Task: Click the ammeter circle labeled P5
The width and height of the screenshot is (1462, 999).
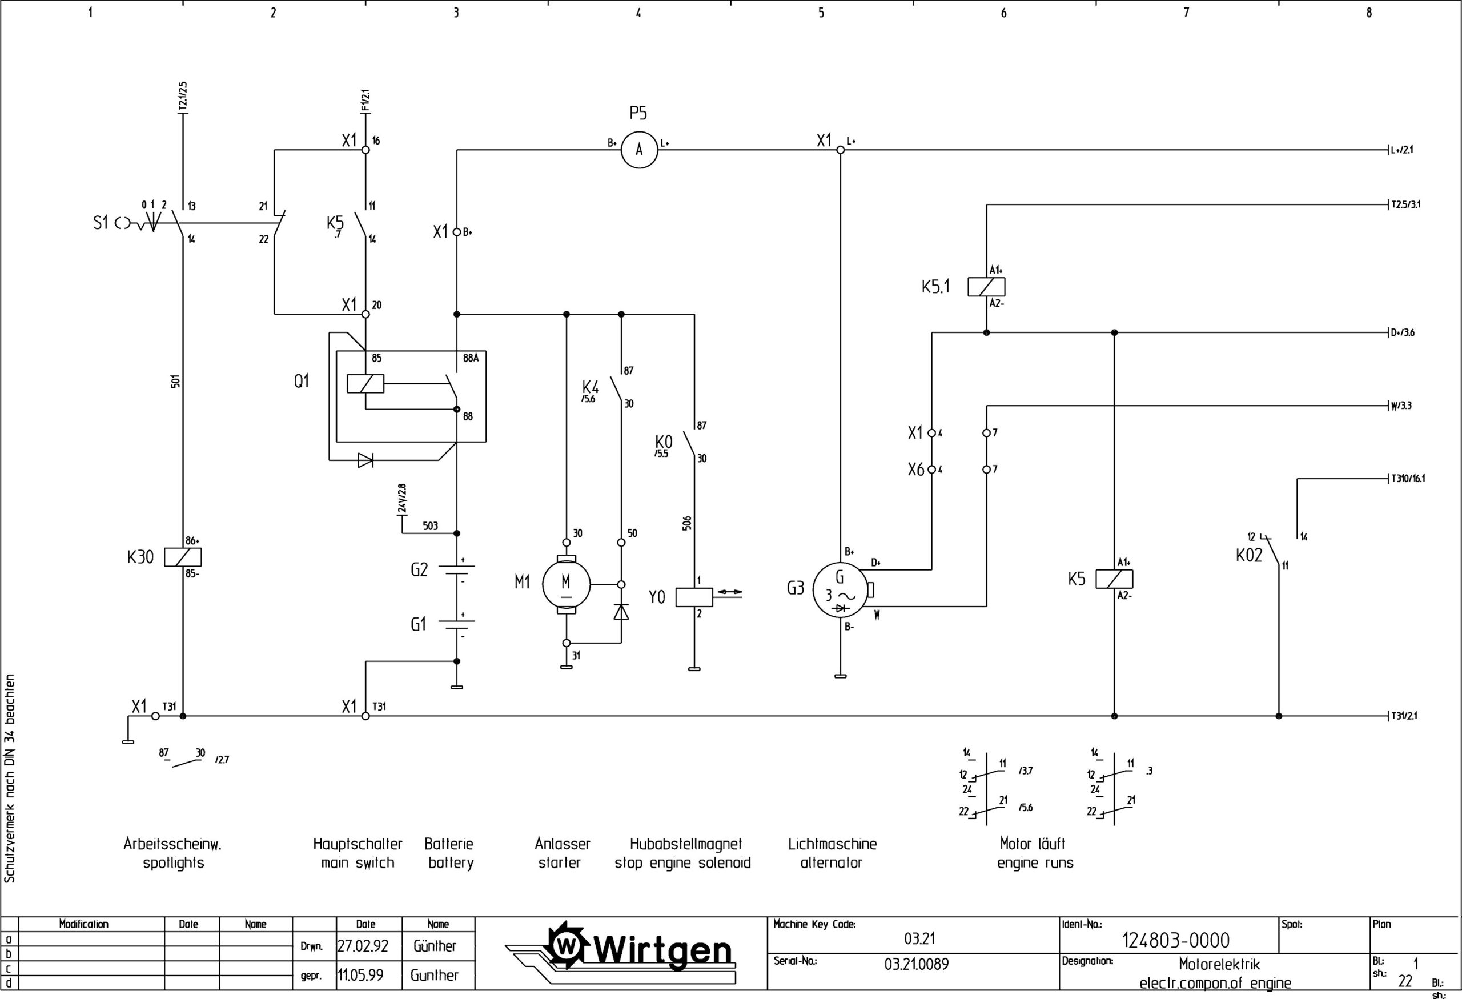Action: point(639,150)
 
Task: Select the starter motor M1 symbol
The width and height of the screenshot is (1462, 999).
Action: point(566,584)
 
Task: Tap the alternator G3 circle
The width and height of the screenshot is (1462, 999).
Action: point(841,591)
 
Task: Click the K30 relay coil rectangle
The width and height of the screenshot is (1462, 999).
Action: point(182,557)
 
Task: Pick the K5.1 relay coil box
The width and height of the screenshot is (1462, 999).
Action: point(986,287)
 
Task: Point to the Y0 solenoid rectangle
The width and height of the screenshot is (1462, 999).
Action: point(694,597)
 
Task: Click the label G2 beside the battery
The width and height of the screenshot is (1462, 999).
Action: point(419,570)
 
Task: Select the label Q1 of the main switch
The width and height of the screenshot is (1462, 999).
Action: point(302,381)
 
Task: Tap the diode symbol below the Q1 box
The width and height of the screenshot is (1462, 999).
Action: point(365,460)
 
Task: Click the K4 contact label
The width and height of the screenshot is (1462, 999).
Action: point(590,386)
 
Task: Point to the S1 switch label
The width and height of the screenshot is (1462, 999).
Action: point(101,223)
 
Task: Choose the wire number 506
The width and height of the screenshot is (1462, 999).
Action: point(687,523)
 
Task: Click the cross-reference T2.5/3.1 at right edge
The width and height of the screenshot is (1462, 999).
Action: point(1406,204)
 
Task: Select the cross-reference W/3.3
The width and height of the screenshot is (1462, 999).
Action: point(1401,406)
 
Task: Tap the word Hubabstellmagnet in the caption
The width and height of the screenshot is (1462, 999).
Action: point(686,844)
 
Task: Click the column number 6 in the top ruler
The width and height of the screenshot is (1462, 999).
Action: point(1003,13)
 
